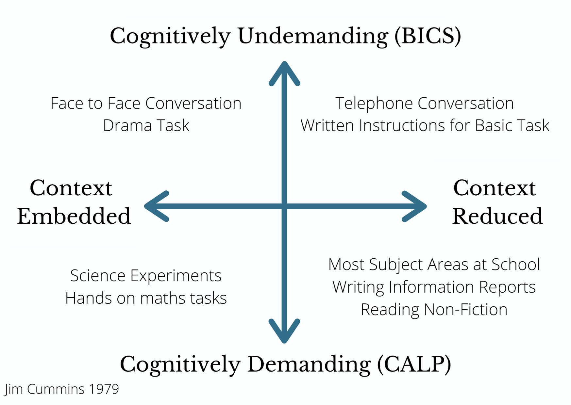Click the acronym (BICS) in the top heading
[428, 36]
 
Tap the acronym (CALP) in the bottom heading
[414, 364]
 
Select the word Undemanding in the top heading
[313, 36]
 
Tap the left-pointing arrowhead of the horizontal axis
[156, 206]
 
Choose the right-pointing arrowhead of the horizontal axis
[414, 206]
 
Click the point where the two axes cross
[284, 206]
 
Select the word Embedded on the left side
[74, 216]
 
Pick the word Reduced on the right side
[497, 216]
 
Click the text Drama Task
[146, 126]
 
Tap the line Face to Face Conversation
[146, 104]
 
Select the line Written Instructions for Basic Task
[425, 126]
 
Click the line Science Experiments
[146, 276]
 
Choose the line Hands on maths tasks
[146, 298]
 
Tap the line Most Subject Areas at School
[434, 265]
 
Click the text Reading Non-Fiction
[434, 310]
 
